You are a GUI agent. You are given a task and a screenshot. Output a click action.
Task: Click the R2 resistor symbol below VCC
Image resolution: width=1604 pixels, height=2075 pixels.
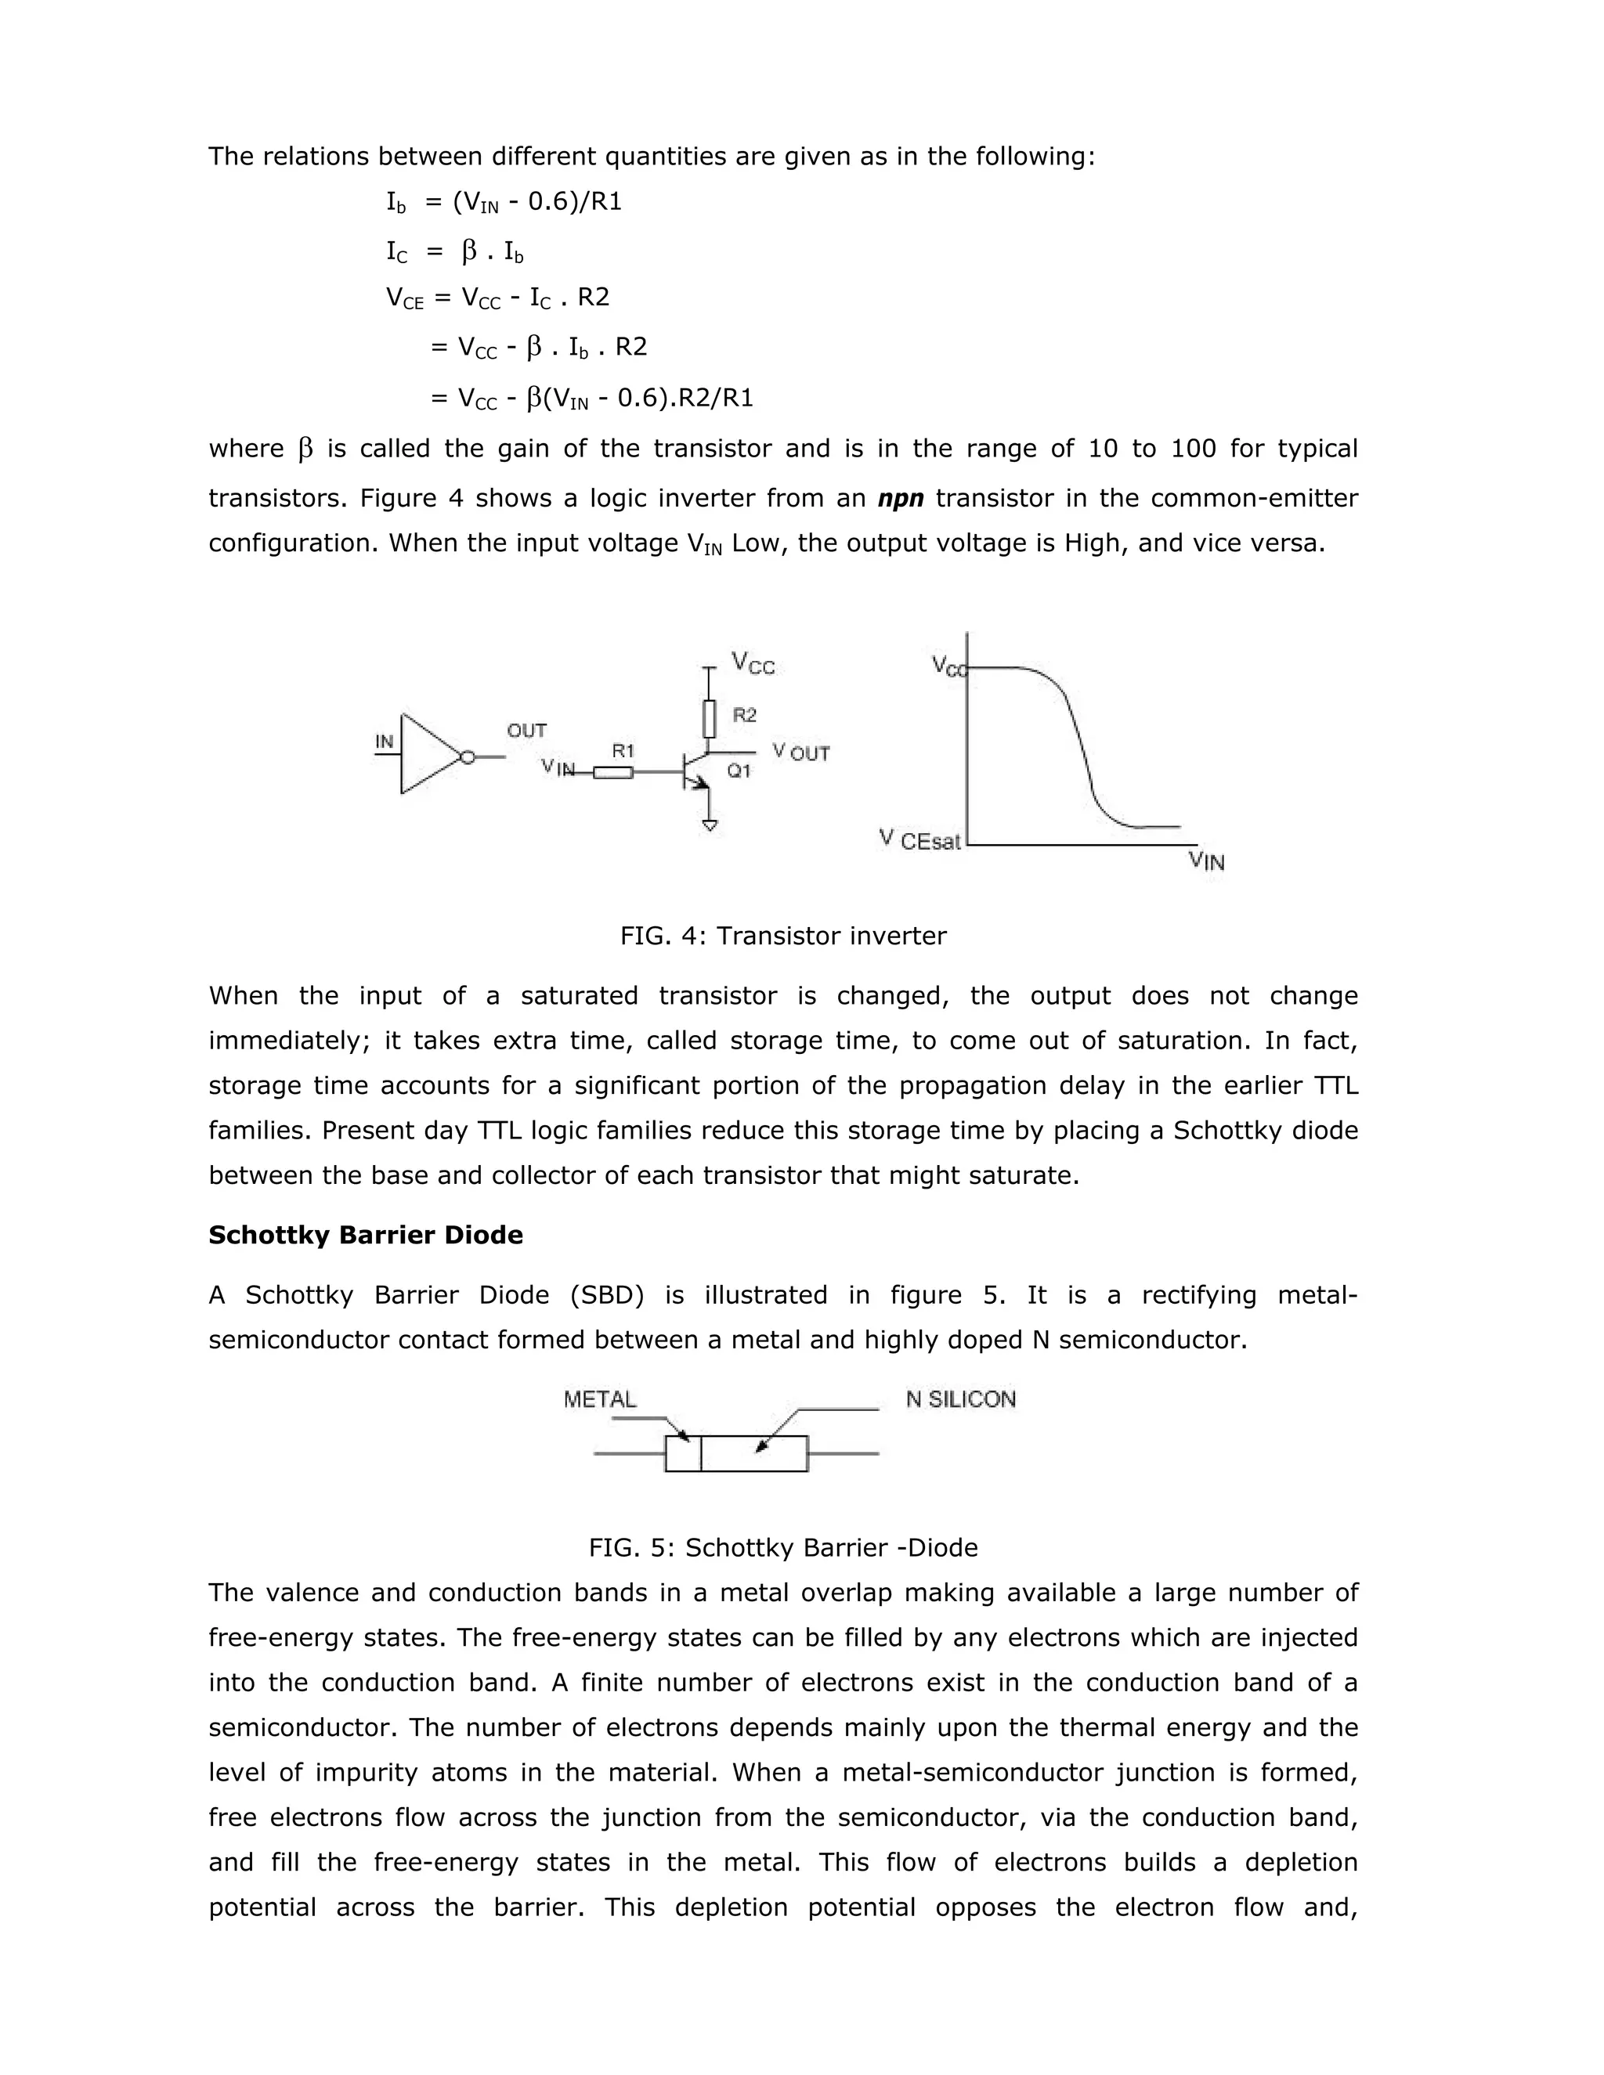pyautogui.click(x=709, y=718)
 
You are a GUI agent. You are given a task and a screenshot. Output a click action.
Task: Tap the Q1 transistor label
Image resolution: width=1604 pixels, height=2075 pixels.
pyautogui.click(x=739, y=770)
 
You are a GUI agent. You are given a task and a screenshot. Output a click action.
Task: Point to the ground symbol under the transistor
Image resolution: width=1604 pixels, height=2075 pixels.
pyautogui.click(x=709, y=825)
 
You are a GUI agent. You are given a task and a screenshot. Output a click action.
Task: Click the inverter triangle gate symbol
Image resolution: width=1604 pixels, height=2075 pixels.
pyautogui.click(x=428, y=754)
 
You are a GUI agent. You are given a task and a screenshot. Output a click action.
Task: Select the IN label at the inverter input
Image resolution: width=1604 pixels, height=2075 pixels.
pyautogui.click(x=384, y=741)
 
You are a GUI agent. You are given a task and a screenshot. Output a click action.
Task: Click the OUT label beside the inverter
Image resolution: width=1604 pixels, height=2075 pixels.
pyautogui.click(x=526, y=730)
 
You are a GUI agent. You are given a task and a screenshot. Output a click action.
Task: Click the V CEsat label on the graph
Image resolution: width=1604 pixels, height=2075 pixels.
pyautogui.click(x=919, y=840)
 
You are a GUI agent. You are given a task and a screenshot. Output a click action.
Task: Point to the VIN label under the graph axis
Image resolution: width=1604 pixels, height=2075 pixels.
pyautogui.click(x=1206, y=862)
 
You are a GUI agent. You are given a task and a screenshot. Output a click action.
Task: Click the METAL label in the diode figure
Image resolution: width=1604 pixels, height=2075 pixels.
pyautogui.click(x=600, y=1398)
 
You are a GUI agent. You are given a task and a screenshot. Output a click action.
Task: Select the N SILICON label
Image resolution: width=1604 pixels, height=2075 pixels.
pyautogui.click(x=961, y=1398)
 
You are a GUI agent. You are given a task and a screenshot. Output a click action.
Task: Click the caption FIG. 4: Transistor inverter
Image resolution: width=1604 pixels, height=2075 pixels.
pyautogui.click(x=783, y=936)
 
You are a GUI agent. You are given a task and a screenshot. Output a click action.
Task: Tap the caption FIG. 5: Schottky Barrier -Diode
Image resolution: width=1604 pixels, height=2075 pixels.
pyautogui.click(x=783, y=1548)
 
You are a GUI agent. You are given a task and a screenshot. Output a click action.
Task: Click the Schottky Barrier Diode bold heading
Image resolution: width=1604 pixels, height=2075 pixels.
pyautogui.click(x=366, y=1235)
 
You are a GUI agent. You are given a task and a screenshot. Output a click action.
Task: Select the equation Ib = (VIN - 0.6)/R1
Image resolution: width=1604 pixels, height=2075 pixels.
pyautogui.click(x=504, y=202)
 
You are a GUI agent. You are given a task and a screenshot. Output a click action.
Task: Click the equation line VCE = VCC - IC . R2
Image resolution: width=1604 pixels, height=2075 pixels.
pyautogui.click(x=497, y=298)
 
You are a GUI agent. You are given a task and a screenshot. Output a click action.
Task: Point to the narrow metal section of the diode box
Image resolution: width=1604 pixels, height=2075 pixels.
pyautogui.click(x=682, y=1453)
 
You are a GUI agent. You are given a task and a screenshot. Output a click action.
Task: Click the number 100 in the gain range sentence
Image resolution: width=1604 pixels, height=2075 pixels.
pyautogui.click(x=1194, y=449)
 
